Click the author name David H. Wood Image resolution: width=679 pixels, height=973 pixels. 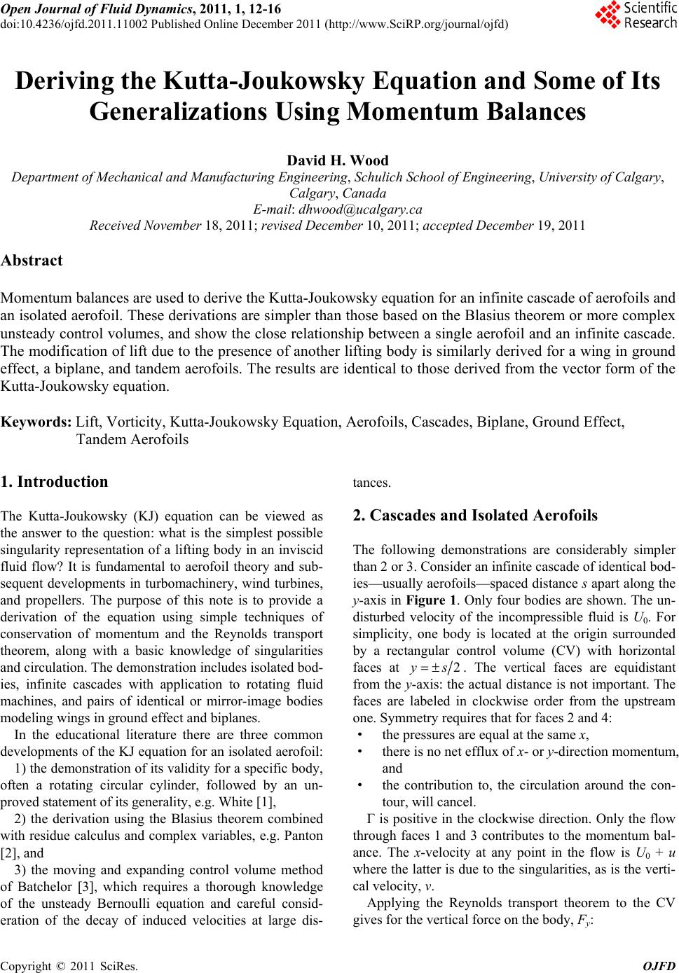pyautogui.click(x=338, y=161)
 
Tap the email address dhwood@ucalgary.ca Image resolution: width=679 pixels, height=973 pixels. pyautogui.click(x=360, y=209)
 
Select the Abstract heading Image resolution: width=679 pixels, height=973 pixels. pyautogui.click(x=32, y=261)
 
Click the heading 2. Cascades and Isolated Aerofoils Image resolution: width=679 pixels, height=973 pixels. pyautogui.click(x=475, y=516)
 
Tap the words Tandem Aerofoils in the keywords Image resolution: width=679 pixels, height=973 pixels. pyautogui.click(x=132, y=439)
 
